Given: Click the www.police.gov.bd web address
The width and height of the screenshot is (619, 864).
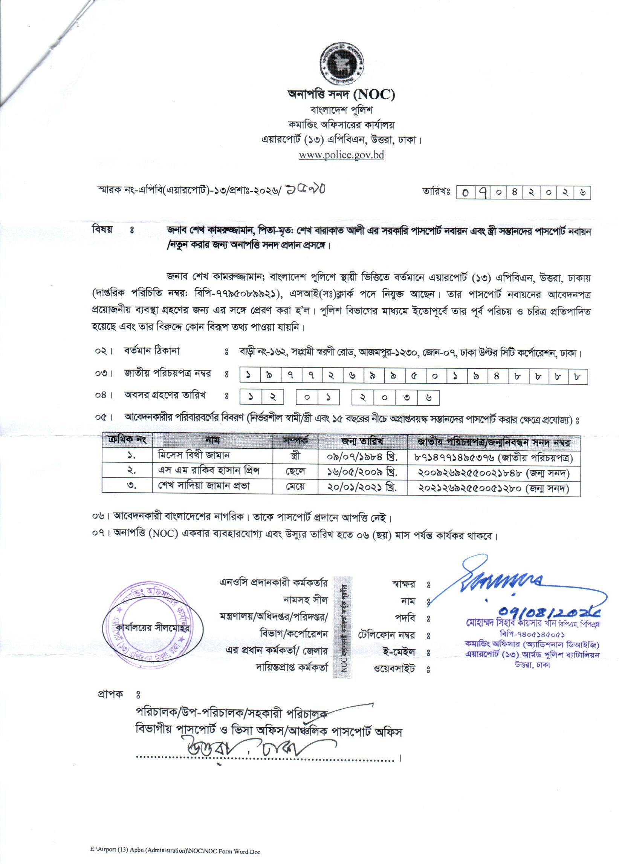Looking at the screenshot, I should (341, 155).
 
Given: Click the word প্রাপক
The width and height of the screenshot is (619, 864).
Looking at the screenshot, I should (110, 694).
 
